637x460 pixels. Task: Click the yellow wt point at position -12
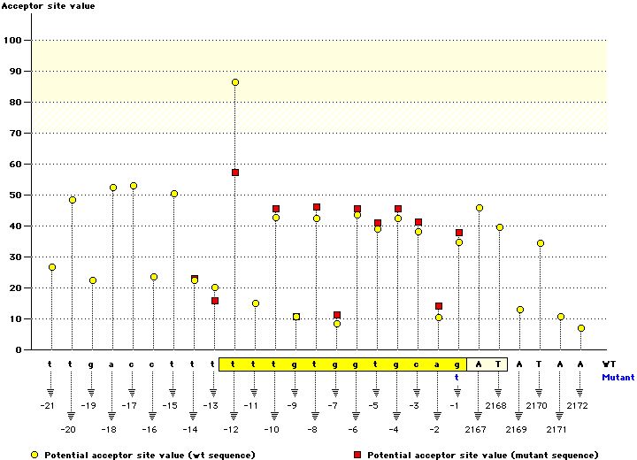point(235,82)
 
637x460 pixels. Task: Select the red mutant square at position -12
point(235,172)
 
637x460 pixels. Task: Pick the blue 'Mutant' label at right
point(618,377)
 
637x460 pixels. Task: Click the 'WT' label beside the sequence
point(610,364)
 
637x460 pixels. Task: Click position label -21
point(48,405)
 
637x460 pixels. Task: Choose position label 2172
point(577,405)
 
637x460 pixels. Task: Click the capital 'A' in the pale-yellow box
point(479,364)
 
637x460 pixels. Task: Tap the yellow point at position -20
point(72,200)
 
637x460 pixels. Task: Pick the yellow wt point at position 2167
point(480,208)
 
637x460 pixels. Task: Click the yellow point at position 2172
point(581,328)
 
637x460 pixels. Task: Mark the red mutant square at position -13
point(215,301)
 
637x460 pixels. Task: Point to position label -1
point(455,405)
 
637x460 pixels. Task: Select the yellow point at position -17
point(134,186)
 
